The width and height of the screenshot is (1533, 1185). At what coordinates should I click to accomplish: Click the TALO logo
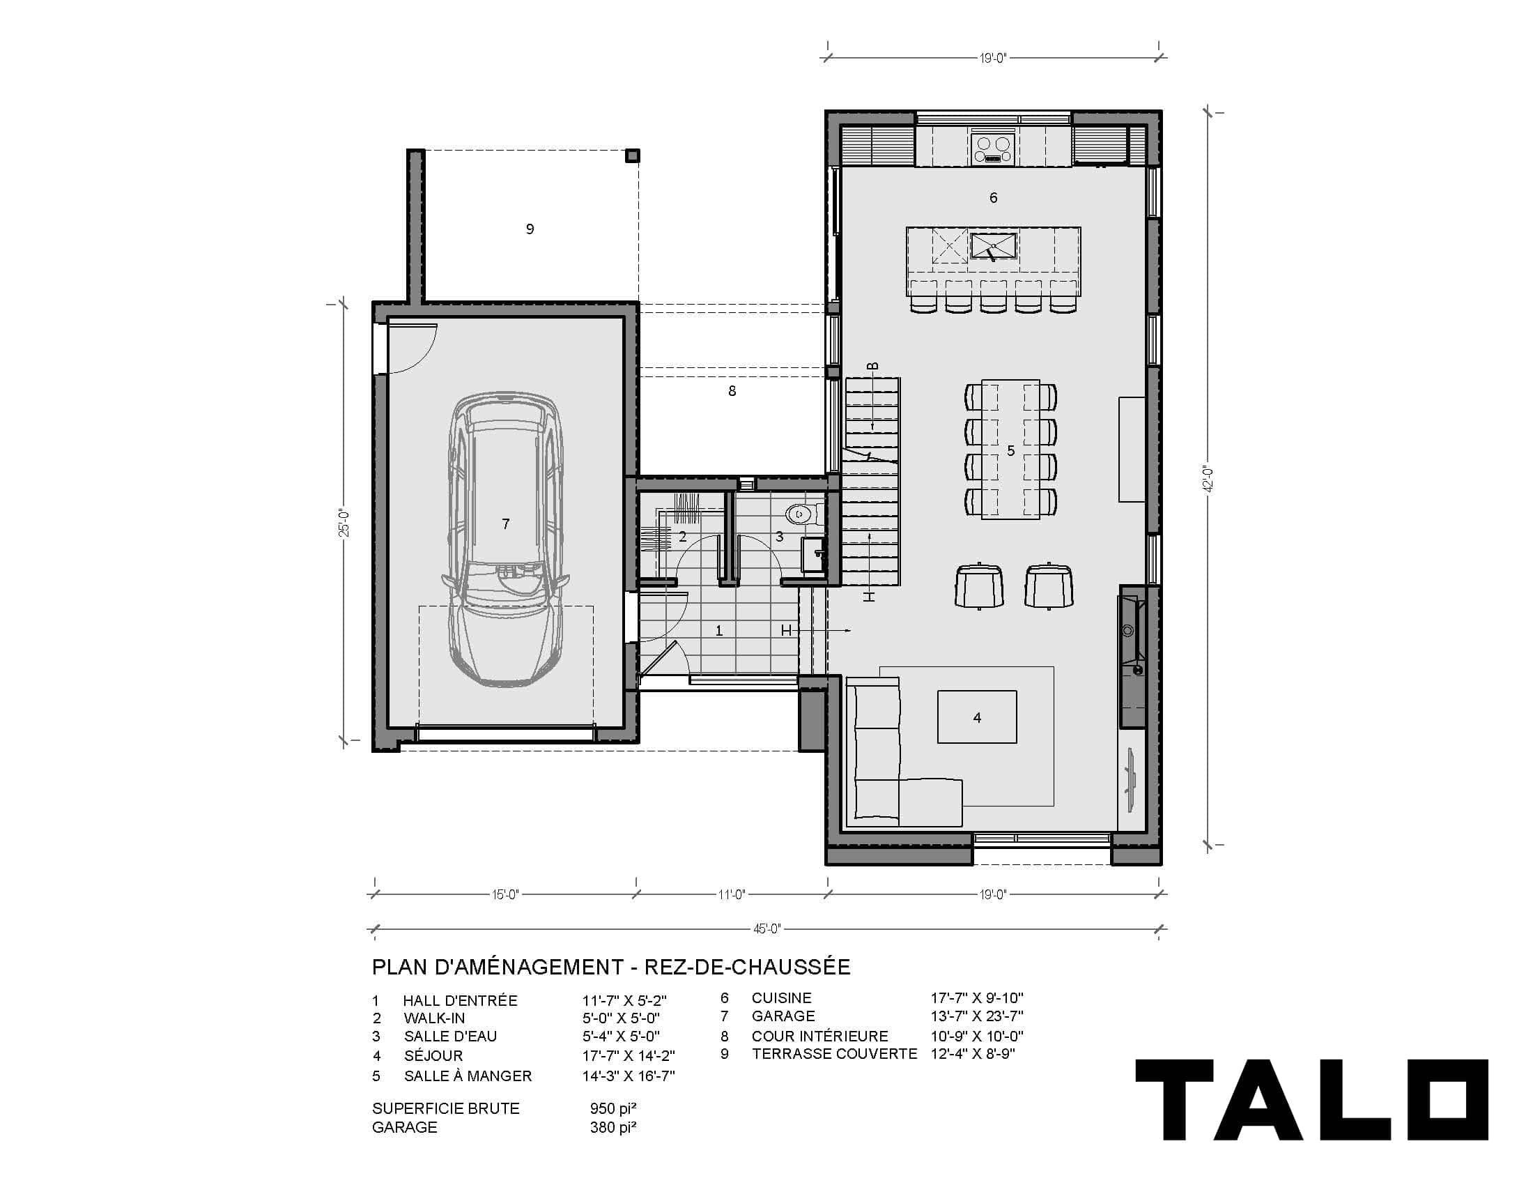point(1312,1100)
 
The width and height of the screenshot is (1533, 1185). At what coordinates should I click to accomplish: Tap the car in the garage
point(505,540)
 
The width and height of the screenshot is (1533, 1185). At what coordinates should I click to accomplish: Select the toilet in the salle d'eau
point(801,514)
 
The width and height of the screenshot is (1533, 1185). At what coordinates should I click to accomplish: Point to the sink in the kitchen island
point(993,245)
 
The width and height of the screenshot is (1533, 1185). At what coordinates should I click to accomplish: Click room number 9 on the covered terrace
point(530,229)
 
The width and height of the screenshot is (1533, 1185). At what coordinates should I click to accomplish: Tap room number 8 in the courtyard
point(732,391)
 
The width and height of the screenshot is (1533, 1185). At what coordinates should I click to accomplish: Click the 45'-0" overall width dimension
point(767,928)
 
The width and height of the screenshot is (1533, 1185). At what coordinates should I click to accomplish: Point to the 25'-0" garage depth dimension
point(344,522)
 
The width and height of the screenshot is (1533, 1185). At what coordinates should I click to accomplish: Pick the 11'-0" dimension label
point(732,894)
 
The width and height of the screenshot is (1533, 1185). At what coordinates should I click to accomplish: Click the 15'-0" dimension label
point(505,894)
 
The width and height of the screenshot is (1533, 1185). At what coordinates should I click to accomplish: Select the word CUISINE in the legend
point(781,997)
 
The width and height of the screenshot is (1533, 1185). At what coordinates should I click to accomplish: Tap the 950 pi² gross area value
point(613,1108)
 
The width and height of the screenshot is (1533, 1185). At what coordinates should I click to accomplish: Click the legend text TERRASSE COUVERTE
point(835,1054)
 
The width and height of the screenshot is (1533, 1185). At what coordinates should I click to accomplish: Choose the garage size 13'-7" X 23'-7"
point(977,1016)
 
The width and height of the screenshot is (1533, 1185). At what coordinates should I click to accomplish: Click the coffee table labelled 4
point(977,717)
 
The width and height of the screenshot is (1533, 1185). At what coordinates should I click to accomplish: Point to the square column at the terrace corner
point(633,156)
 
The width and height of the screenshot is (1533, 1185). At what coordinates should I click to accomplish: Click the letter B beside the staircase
point(872,366)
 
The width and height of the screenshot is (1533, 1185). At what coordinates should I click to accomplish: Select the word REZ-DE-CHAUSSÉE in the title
point(747,967)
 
